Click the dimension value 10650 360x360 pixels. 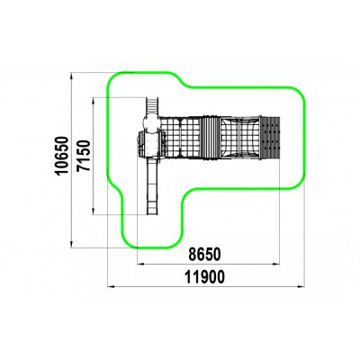pos(62,156)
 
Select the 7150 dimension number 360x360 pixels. pos(84,156)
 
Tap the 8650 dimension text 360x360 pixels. pos(204,255)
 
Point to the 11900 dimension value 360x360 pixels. pos(204,277)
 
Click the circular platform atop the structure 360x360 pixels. pos(152,123)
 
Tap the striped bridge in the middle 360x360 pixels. pos(210,138)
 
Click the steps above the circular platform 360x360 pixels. pos(152,105)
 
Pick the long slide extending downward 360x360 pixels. pos(152,186)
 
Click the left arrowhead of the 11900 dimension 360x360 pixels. pos(110,287)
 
